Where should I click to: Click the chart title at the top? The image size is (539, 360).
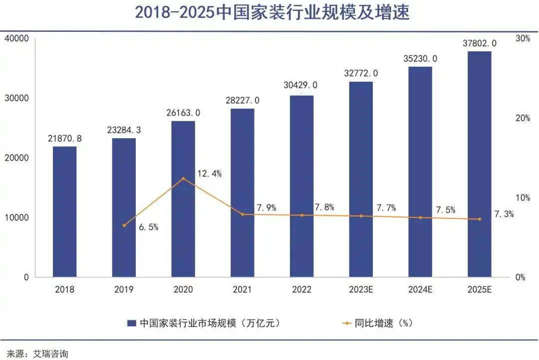tap(272, 13)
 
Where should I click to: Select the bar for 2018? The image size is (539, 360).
tap(64, 211)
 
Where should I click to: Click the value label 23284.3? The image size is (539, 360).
tap(124, 130)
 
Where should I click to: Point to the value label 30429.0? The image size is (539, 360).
tap(301, 86)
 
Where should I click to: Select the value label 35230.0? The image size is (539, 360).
tap(420, 58)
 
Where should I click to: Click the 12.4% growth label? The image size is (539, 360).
tap(210, 174)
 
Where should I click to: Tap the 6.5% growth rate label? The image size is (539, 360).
tap(148, 227)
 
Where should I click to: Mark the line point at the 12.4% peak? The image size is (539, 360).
tap(183, 178)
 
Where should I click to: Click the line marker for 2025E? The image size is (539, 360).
tap(479, 219)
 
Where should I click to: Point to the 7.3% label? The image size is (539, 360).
tap(504, 214)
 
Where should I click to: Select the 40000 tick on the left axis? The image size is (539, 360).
tap(16, 38)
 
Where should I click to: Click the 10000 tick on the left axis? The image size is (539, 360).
tap(16, 217)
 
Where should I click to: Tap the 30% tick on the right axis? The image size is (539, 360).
tap(523, 38)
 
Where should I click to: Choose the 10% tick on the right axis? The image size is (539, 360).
tap(523, 197)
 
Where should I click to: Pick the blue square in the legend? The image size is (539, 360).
tap(132, 323)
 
